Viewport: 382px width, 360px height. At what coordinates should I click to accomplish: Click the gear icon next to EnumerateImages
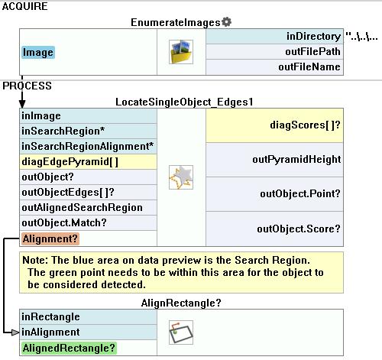[x=226, y=22]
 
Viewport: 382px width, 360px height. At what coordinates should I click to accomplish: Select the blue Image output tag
[x=38, y=52]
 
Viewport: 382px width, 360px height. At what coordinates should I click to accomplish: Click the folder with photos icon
[x=181, y=52]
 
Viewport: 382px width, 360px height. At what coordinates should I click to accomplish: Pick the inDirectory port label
[x=313, y=37]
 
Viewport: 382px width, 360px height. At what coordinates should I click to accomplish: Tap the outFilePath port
[x=312, y=52]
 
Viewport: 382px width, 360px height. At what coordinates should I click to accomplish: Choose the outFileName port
[x=309, y=67]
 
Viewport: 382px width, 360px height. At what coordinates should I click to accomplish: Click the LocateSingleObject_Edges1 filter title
[x=184, y=102]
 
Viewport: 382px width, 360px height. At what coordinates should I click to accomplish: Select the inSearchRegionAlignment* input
[x=88, y=146]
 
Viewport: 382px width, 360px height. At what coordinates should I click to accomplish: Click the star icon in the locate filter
[x=181, y=177]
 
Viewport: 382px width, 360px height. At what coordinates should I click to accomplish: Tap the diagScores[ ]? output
[x=305, y=125]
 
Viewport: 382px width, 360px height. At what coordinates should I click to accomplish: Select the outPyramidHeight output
[x=296, y=160]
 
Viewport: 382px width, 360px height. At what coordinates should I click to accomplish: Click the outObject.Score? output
[x=299, y=229]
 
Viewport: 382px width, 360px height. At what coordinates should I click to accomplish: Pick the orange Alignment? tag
[x=50, y=238]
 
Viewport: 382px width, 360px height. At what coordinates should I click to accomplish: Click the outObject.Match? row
[x=64, y=223]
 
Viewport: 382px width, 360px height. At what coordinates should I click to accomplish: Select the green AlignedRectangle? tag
[x=69, y=348]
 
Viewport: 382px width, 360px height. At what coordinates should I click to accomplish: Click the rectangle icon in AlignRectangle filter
[x=181, y=332]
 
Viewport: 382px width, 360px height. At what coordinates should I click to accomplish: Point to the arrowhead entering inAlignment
[x=15, y=332]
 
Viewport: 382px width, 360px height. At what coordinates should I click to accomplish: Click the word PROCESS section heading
[x=27, y=86]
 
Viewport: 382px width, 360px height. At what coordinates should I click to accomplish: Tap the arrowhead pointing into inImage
[x=22, y=104]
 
